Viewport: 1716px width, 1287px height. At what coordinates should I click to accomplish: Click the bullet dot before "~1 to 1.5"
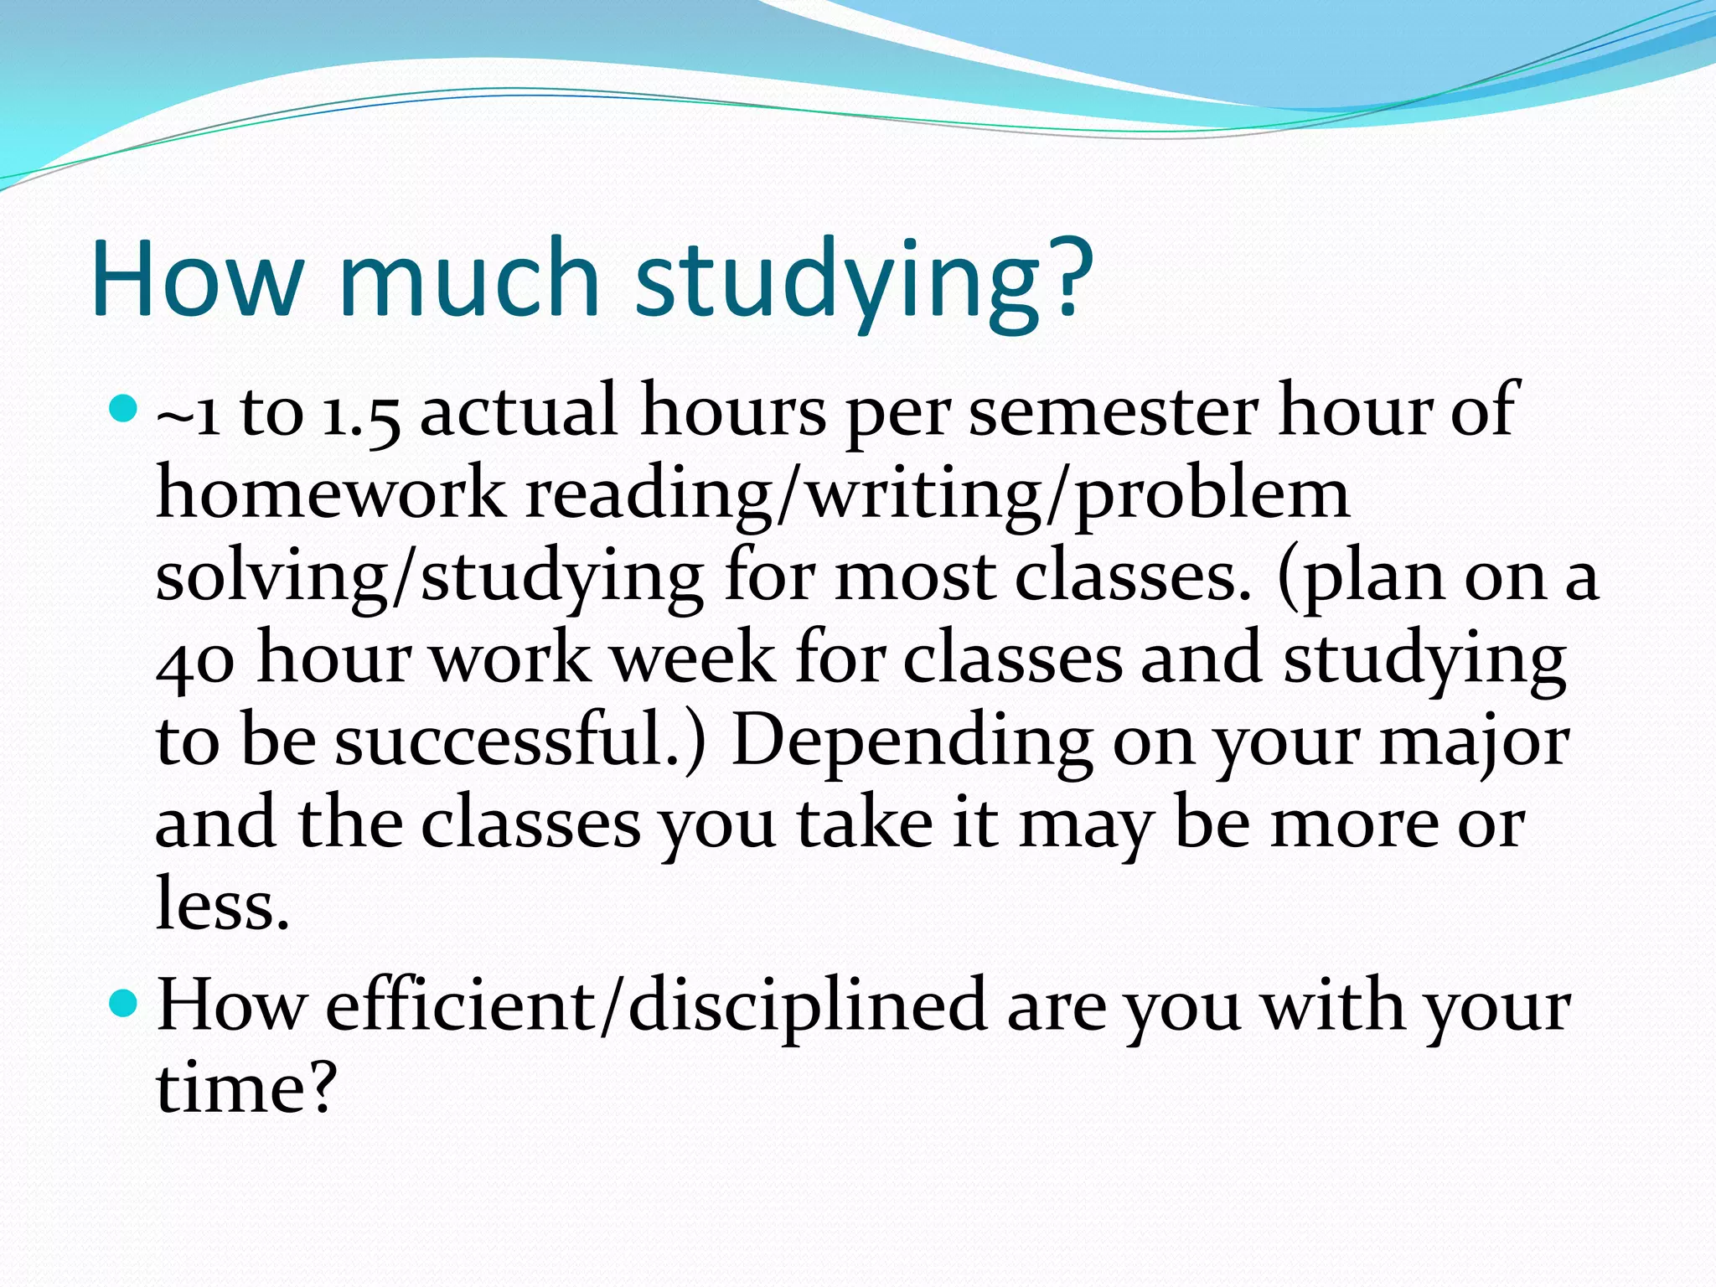click(122, 410)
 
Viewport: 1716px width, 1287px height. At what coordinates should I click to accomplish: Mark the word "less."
click(223, 905)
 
